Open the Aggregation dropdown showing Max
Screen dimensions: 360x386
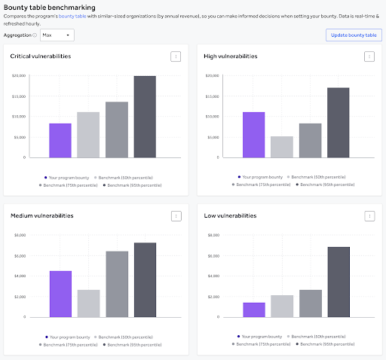57,35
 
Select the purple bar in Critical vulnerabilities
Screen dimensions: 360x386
60,140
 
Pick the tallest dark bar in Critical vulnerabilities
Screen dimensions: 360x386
145,117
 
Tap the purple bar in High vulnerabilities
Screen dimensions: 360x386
253,135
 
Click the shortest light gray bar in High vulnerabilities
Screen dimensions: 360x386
282,147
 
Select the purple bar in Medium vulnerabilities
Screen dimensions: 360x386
60,294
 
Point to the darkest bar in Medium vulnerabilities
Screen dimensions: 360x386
145,279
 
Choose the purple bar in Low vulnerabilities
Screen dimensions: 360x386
253,310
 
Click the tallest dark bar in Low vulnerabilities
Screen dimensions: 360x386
339,282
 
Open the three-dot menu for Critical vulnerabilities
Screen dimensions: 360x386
175,56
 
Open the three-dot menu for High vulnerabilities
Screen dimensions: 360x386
369,56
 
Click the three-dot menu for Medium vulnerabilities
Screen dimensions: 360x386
175,216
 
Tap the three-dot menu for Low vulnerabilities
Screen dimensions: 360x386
369,216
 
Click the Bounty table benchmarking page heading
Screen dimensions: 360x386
47,7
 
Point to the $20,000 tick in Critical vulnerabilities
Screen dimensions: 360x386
19,76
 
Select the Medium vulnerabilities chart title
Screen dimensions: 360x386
42,215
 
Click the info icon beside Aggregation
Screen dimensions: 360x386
35,35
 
